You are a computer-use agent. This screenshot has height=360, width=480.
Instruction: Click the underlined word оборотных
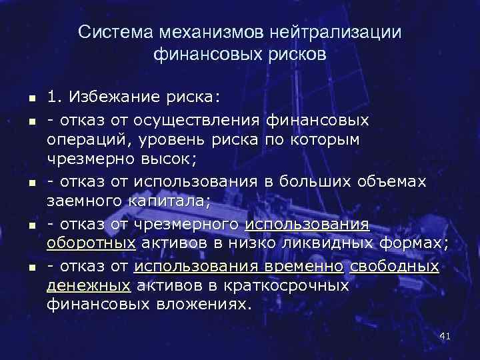(x=91, y=244)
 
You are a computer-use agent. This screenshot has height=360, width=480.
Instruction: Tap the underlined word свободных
(x=395, y=266)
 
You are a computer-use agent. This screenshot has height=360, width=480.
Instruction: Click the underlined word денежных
(x=88, y=286)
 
